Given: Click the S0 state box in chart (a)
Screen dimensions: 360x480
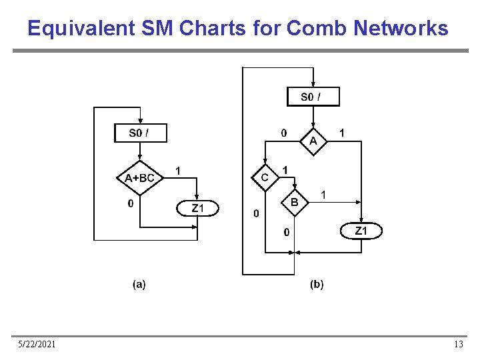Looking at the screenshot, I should coord(140,133).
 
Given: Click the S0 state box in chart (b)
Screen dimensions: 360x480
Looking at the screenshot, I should coord(313,97).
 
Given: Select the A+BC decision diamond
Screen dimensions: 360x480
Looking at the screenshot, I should coord(140,177).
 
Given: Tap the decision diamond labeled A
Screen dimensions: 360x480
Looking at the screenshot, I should coord(313,141).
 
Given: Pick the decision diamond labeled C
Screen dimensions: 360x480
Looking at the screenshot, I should coord(265,177).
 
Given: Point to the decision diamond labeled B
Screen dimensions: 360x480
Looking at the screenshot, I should coord(295,202).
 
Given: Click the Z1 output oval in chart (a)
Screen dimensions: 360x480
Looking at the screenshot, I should coord(197,209).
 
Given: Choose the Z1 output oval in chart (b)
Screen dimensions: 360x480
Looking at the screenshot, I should coord(361,231).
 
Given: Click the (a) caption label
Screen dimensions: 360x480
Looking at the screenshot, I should coord(139,285).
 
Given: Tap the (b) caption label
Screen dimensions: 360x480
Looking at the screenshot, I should coord(317,285).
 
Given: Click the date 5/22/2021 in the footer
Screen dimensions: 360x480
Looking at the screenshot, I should coord(37,344).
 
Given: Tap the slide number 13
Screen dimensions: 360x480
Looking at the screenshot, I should coord(458,344).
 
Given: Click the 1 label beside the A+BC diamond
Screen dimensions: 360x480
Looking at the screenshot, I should coord(177,171).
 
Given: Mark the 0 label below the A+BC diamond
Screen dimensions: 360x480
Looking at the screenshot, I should coord(131,203).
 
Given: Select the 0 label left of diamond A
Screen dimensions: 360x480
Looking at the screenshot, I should coord(284,133).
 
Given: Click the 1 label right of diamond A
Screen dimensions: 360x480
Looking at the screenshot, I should coord(342,133).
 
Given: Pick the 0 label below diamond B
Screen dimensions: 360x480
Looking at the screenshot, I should coord(287,232).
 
